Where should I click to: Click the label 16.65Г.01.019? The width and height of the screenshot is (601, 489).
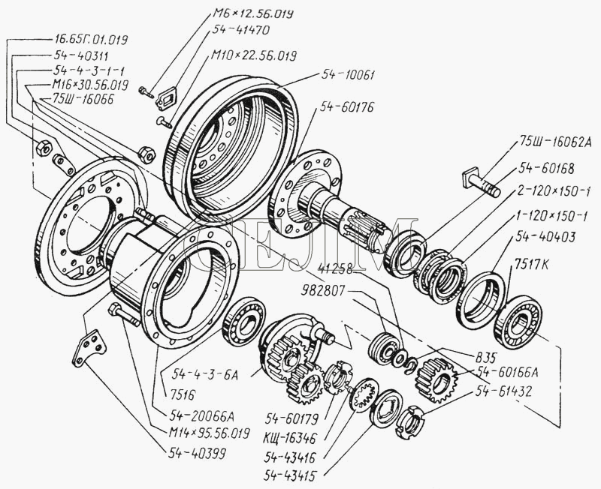click(x=91, y=37)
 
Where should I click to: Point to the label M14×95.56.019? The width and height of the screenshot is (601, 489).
click(x=209, y=433)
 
